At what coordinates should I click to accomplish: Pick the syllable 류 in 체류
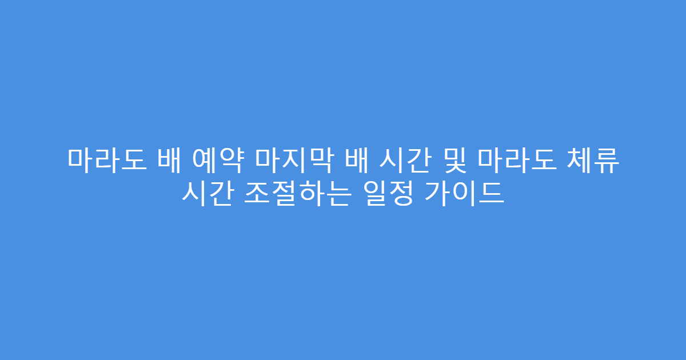607,159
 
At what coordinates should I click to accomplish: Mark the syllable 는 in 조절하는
334,194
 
